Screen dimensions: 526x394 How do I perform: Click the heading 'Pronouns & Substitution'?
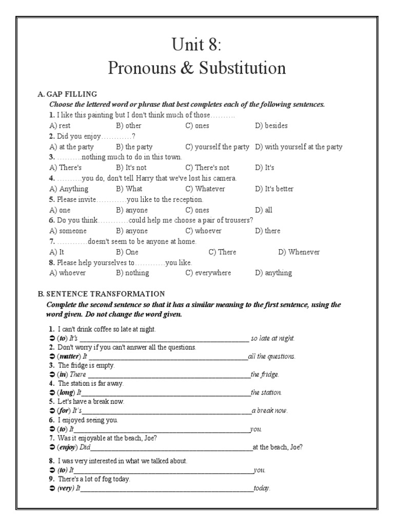[197, 68]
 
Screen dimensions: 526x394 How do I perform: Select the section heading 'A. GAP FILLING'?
[67, 95]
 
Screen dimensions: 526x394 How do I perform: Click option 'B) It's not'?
[131, 168]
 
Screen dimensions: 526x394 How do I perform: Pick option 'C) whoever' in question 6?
[204, 231]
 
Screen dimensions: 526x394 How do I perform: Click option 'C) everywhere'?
[208, 273]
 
